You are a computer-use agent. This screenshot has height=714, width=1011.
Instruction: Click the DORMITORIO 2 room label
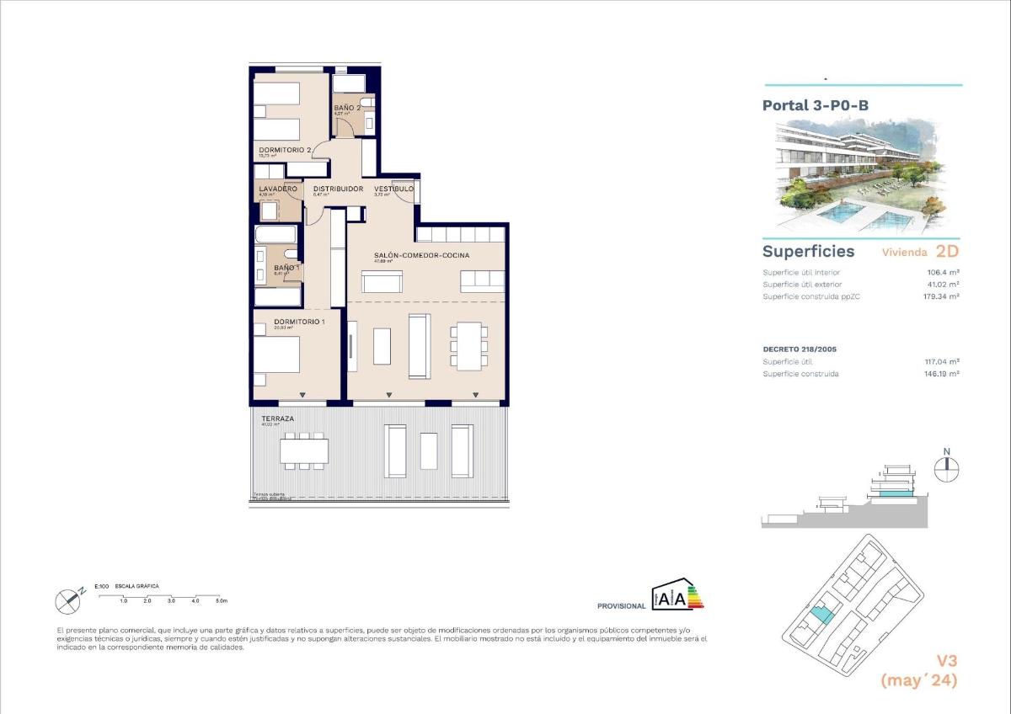pyautogui.click(x=286, y=150)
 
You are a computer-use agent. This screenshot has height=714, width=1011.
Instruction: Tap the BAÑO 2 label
pyautogui.click(x=347, y=108)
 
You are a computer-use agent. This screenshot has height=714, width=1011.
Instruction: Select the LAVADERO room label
pyautogui.click(x=278, y=189)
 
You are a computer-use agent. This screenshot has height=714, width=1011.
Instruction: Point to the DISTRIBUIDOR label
pyautogui.click(x=338, y=189)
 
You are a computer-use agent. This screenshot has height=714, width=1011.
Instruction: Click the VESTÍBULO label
pyautogui.click(x=393, y=189)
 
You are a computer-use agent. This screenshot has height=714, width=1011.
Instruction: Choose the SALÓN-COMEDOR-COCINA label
pyautogui.click(x=421, y=254)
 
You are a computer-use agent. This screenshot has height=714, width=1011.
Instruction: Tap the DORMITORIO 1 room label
pyautogui.click(x=287, y=321)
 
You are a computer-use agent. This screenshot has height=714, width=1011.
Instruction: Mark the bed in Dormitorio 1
pyautogui.click(x=277, y=354)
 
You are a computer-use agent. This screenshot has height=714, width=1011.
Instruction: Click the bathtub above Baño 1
pyautogui.click(x=276, y=233)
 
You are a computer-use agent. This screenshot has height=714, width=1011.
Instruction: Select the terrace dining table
pyautogui.click(x=304, y=451)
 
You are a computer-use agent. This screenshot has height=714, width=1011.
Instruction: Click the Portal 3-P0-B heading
pyautogui.click(x=815, y=105)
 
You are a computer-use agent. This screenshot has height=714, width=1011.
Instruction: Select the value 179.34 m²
pyautogui.click(x=940, y=296)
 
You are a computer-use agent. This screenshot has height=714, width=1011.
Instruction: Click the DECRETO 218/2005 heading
pyautogui.click(x=800, y=349)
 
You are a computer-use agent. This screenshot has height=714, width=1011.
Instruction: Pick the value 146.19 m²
pyautogui.click(x=942, y=374)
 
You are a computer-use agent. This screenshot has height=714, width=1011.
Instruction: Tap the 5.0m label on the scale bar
pyautogui.click(x=221, y=601)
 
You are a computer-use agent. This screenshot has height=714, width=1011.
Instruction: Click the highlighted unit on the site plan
pyautogui.click(x=822, y=615)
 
